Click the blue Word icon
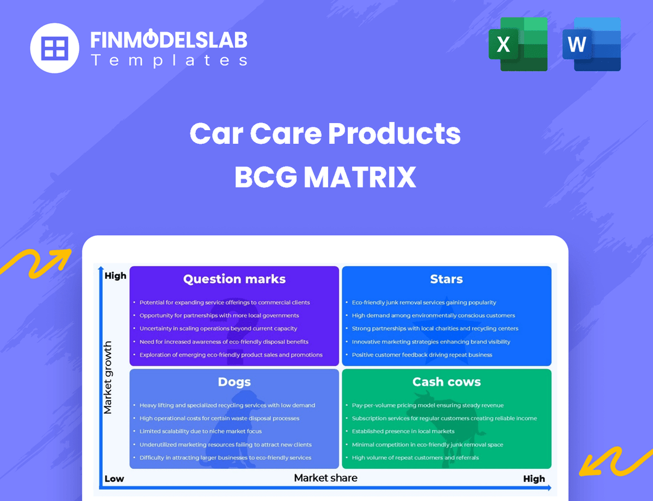(591, 45)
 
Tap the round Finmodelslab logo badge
(55, 48)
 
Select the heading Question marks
(234, 279)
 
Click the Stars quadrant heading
(446, 279)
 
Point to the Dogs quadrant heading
(234, 382)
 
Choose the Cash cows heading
(446, 382)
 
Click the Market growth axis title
(107, 377)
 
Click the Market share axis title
(326, 478)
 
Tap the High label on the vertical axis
(115, 276)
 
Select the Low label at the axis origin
(114, 479)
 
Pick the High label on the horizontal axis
(534, 479)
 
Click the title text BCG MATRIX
(325, 177)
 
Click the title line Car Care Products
(325, 134)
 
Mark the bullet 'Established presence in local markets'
(403, 431)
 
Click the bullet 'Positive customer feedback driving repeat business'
(422, 355)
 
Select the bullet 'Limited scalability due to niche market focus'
(201, 431)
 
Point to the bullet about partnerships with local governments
(219, 316)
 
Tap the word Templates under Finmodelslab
(169, 60)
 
